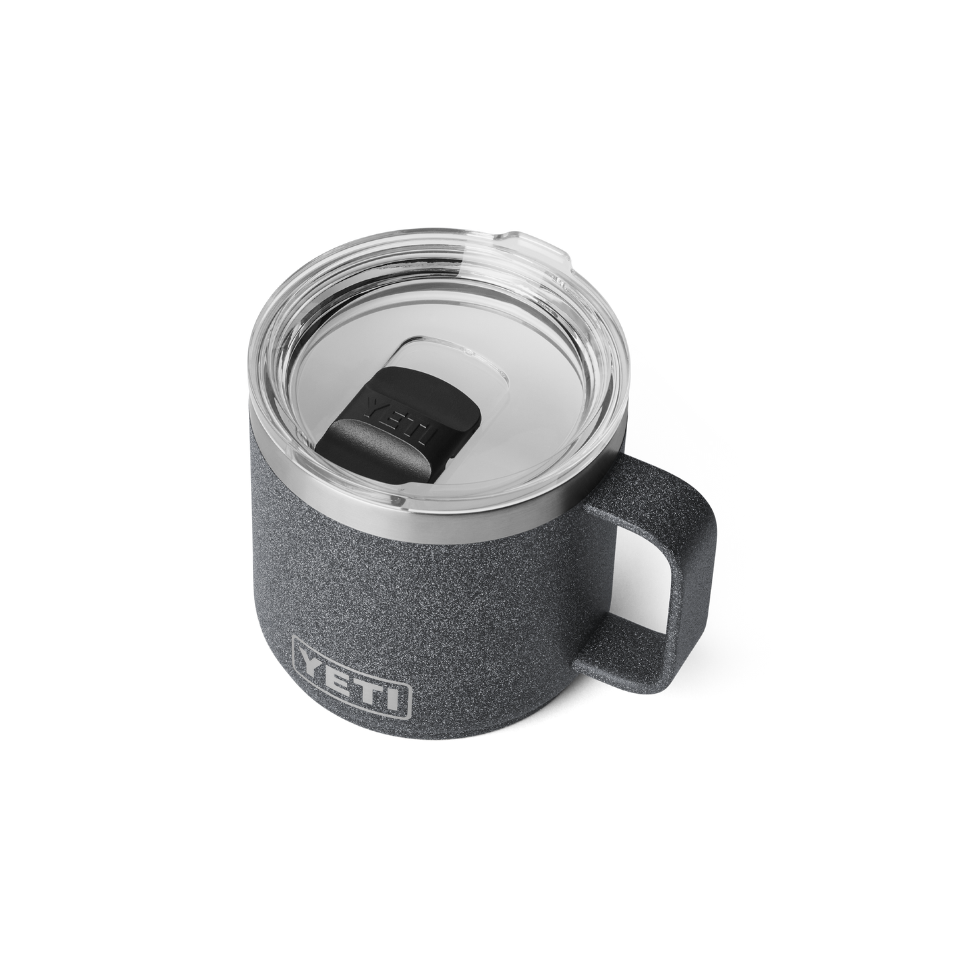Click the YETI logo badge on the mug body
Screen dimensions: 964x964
click(352, 682)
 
